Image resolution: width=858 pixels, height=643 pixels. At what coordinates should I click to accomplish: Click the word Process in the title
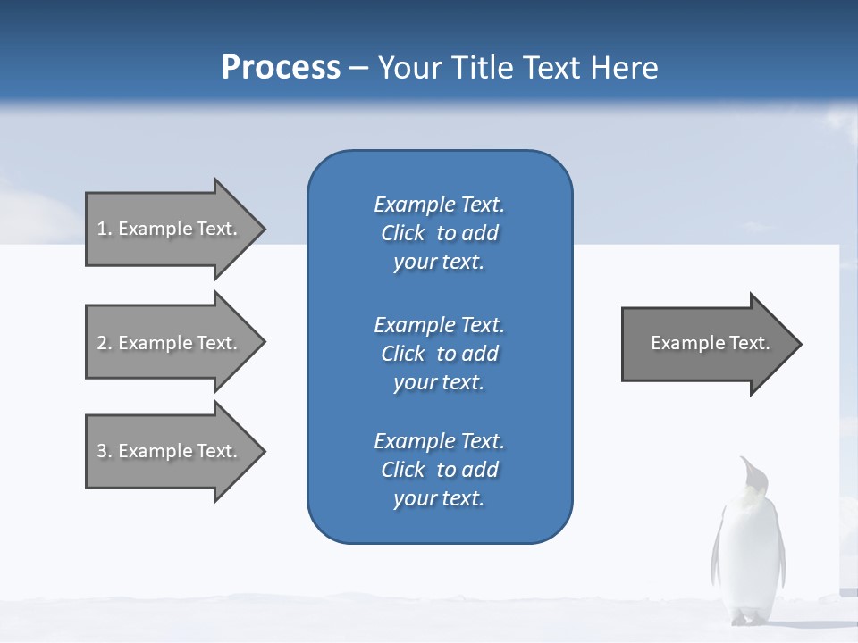click(x=281, y=68)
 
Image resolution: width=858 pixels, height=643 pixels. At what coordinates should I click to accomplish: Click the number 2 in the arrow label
click(x=102, y=343)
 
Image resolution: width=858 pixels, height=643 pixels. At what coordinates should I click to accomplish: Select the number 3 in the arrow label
click(x=102, y=451)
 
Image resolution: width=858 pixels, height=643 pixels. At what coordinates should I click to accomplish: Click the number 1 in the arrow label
click(x=102, y=229)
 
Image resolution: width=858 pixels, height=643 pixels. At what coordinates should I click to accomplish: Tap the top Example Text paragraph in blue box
click(x=439, y=233)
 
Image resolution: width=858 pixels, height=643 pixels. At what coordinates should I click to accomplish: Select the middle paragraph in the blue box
click(x=439, y=354)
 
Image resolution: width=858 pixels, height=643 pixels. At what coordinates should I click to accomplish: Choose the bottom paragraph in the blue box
click(x=439, y=470)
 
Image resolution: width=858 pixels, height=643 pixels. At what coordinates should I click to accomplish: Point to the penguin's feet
click(x=749, y=618)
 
